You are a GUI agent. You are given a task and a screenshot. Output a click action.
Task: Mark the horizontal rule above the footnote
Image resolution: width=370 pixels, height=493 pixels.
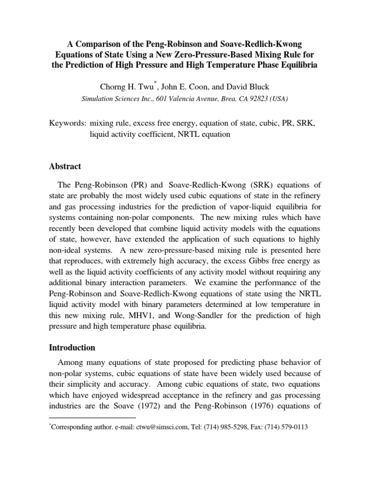93,418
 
